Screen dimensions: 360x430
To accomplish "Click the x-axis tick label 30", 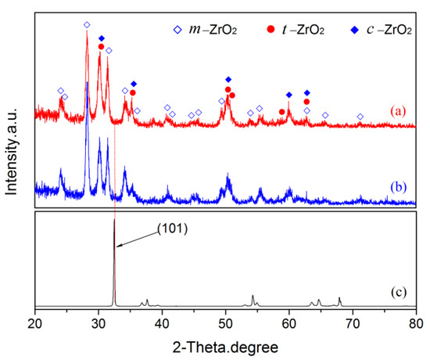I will click(x=99, y=321).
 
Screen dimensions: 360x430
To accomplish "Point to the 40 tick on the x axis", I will click(x=162, y=321).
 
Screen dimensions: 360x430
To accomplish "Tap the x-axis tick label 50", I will click(x=226, y=321).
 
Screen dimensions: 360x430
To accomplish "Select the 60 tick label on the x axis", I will click(x=289, y=321).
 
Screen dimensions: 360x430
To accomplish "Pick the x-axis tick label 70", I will click(x=353, y=321).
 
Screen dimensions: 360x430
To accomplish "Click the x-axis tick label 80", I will click(x=416, y=321).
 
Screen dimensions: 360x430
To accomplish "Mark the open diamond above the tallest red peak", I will click(x=87, y=25).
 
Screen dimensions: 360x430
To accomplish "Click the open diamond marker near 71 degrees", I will click(x=360, y=117).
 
